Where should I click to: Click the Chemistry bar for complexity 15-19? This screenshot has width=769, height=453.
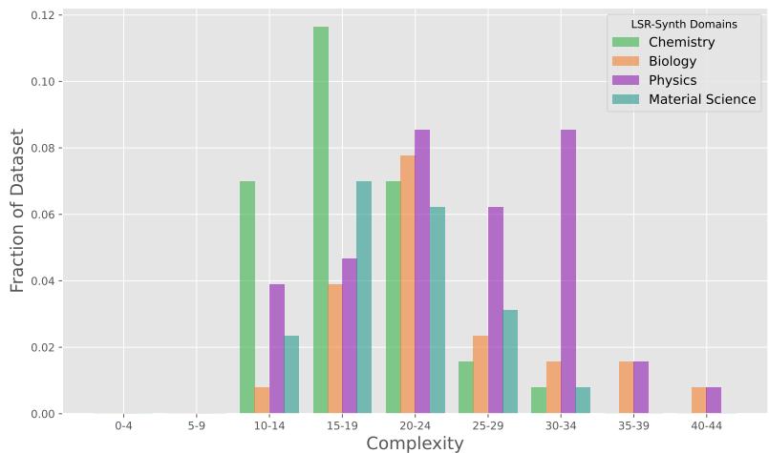click(321, 220)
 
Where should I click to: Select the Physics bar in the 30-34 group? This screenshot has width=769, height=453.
click(568, 272)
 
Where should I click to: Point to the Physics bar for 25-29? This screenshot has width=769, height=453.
click(495, 310)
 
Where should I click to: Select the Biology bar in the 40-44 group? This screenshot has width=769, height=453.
click(699, 401)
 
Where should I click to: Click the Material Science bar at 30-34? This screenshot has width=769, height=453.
click(583, 401)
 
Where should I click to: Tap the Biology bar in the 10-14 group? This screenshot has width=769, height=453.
click(262, 401)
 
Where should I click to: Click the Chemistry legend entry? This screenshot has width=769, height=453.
click(681, 42)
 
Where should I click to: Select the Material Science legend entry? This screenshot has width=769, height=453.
click(702, 99)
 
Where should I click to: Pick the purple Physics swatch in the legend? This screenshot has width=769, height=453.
click(626, 80)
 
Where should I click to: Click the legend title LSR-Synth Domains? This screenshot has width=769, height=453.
click(684, 24)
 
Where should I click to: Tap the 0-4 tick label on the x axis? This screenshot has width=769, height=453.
click(123, 425)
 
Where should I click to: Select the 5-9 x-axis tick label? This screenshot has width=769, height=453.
click(196, 425)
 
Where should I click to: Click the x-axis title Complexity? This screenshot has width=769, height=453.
click(415, 443)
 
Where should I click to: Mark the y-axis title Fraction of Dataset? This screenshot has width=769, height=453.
click(17, 211)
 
